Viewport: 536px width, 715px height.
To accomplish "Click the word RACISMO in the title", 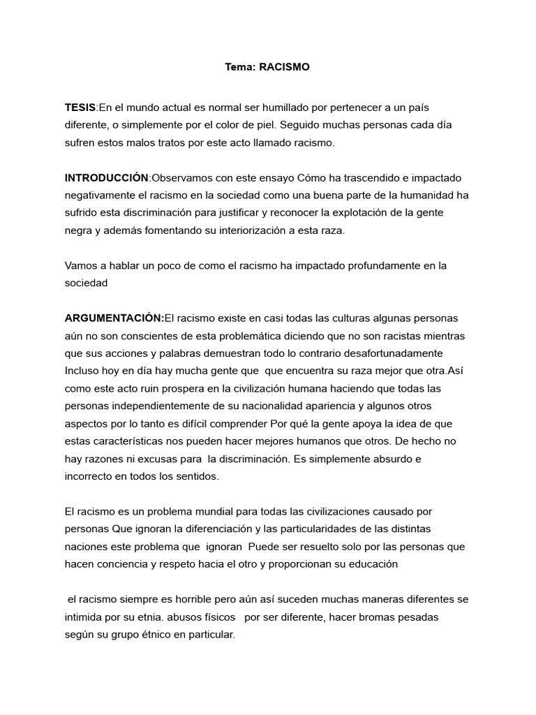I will pyautogui.click(x=284, y=67).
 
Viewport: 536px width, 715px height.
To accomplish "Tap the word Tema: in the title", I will pyautogui.click(x=239, y=67).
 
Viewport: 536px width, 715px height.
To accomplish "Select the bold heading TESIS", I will pyautogui.click(x=80, y=107).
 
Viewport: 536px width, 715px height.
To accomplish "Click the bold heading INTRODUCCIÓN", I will pyautogui.click(x=107, y=177).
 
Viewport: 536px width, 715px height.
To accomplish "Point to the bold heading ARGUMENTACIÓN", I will pyautogui.click(x=114, y=318).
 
